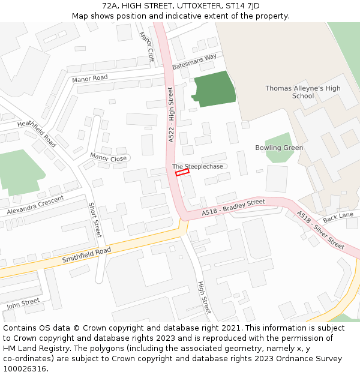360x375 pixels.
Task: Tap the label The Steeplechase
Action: pos(197,166)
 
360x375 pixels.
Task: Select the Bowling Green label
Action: pos(279,148)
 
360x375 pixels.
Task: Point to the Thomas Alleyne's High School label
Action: pos(303,92)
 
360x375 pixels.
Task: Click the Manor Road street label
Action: pos(89,79)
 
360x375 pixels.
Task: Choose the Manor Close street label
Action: pos(108,157)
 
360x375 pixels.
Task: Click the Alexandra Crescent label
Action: pos(35,205)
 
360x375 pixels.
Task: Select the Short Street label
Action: pos(95,220)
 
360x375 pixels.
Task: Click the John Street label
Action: pos(23,304)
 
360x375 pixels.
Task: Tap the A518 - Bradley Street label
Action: pos(233,208)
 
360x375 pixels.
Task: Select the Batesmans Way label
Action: pos(194,61)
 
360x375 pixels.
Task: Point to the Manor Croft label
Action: pos(146,47)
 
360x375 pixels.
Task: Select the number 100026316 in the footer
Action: pos(25,368)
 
